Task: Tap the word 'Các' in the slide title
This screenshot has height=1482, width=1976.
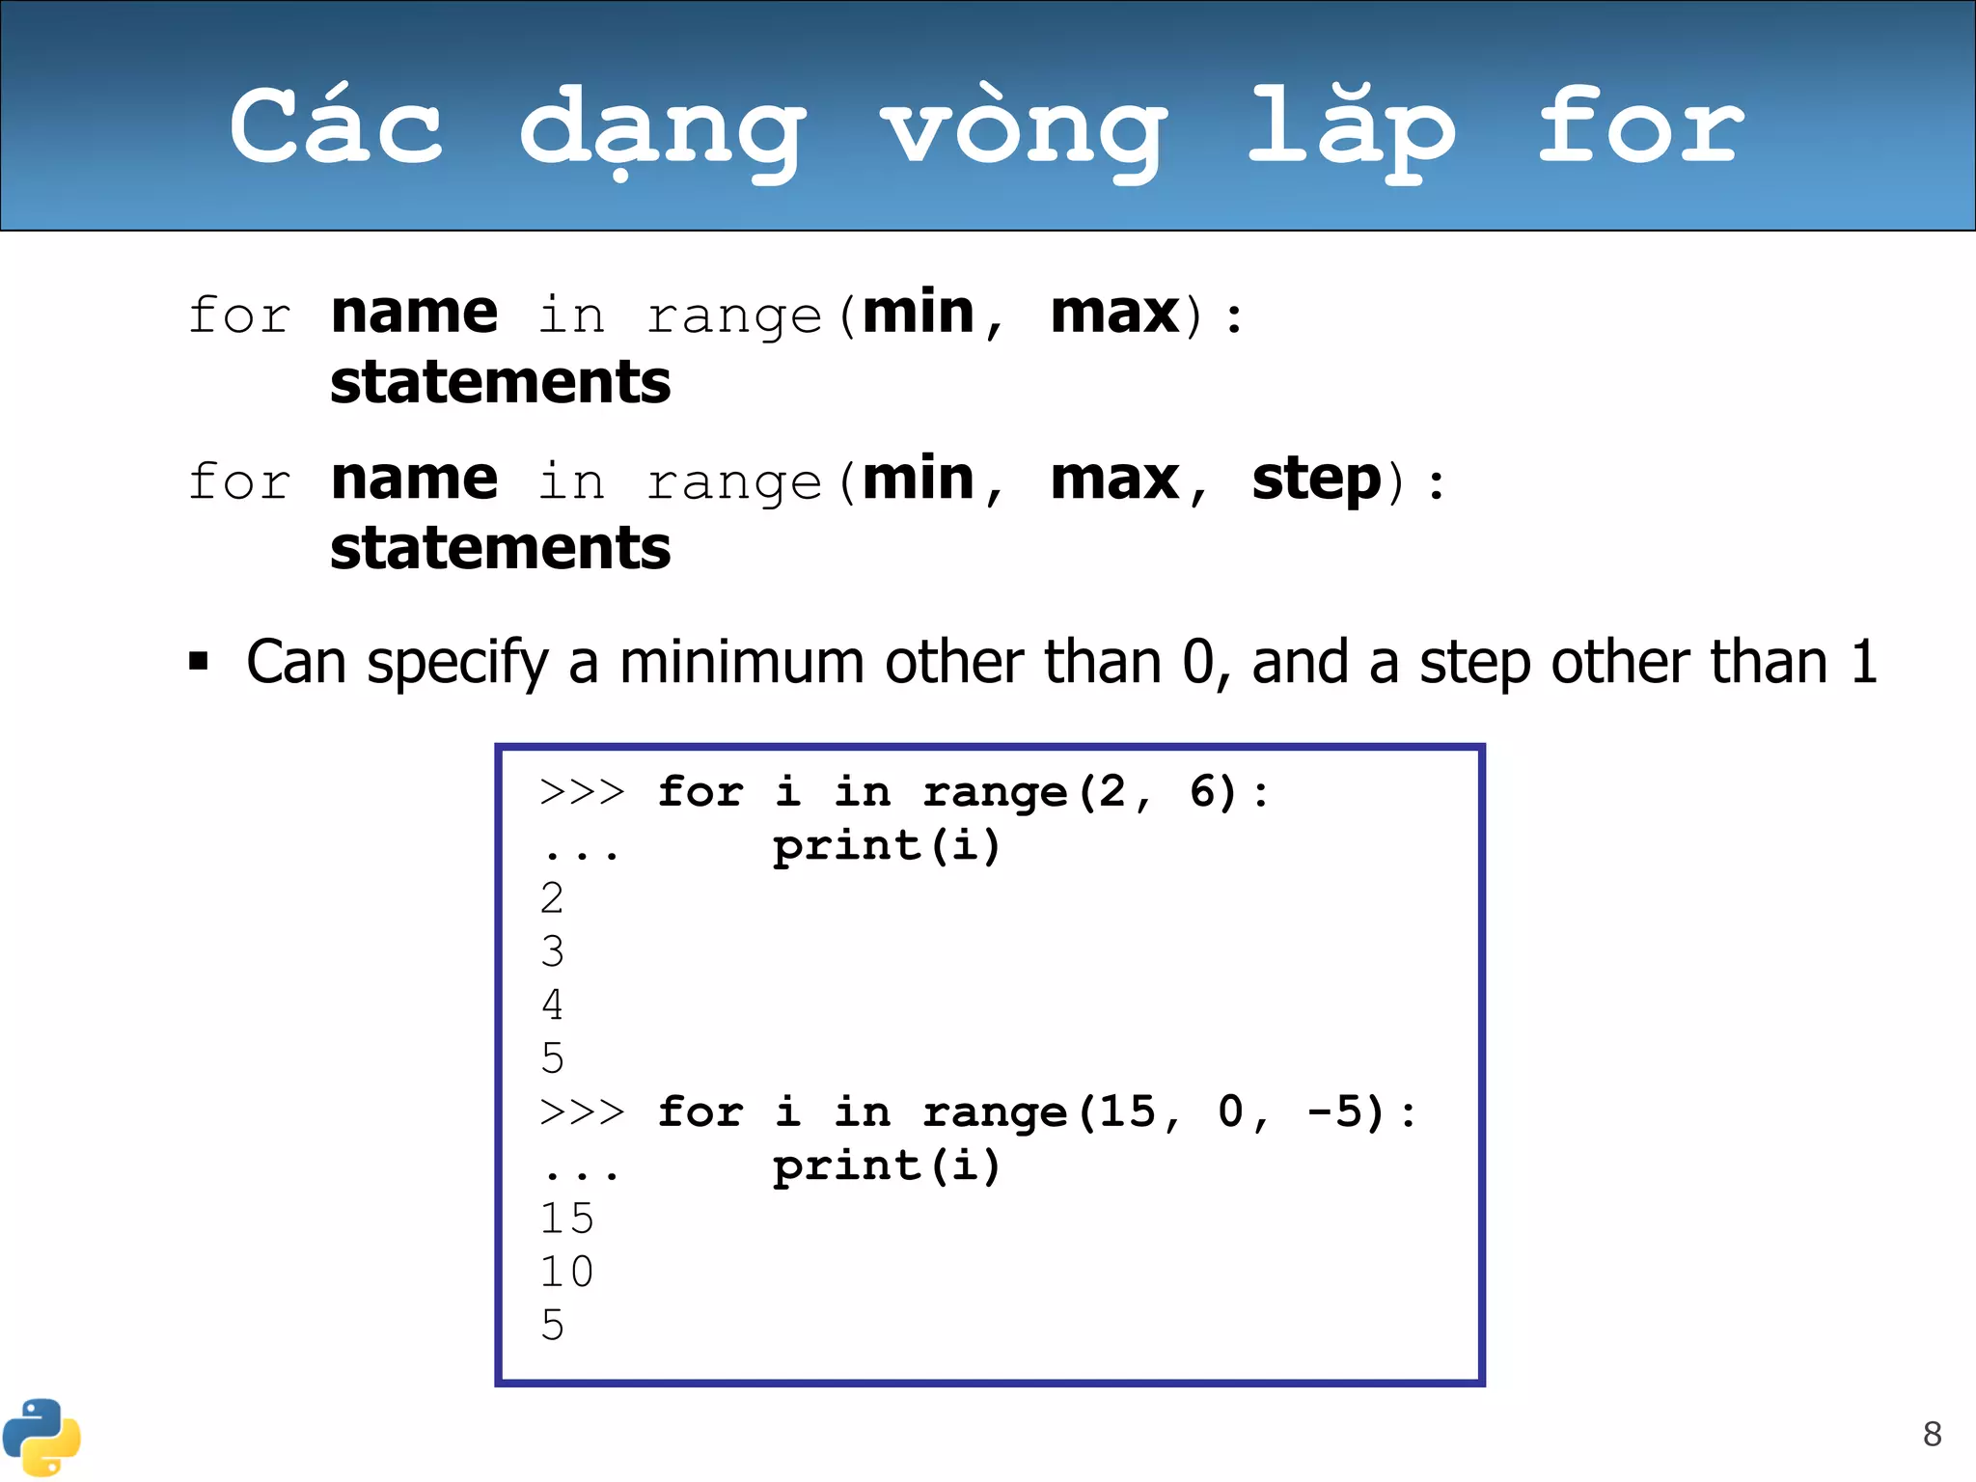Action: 337,125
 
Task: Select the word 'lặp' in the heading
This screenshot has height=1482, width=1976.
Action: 1351,130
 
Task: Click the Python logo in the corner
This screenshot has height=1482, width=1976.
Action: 41,1437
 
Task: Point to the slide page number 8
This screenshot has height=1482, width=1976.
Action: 1932,1434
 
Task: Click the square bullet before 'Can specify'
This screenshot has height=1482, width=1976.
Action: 199,662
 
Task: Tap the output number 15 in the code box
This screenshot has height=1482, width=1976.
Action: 566,1219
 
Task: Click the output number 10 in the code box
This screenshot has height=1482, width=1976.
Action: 566,1272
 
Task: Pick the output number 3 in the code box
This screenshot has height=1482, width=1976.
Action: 552,952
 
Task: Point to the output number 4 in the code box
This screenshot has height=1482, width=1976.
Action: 552,1005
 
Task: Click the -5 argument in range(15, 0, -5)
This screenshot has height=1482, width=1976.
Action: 1345,1111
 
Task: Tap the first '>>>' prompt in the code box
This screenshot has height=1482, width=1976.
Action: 582,792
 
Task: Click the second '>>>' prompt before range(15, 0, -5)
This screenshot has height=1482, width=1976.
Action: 582,1112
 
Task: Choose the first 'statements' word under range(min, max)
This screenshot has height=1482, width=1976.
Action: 500,382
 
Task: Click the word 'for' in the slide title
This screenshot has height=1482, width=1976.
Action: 1640,125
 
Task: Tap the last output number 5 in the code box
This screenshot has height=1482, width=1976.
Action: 552,1326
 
